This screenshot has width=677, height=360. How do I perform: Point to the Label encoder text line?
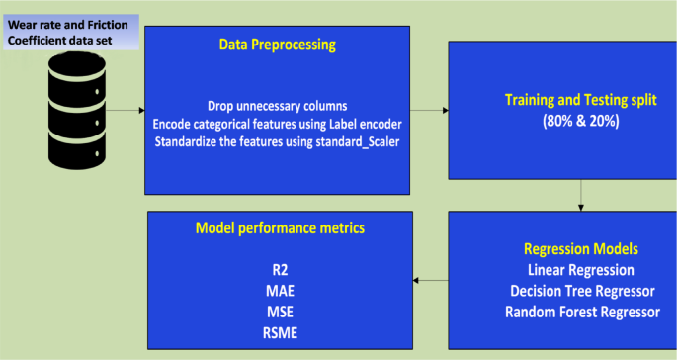(277, 124)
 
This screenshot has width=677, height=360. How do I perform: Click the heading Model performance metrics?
(281, 227)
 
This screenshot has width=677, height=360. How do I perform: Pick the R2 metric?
(281, 269)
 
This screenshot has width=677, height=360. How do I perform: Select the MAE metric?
(281, 291)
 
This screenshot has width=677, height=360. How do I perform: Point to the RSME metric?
(281, 333)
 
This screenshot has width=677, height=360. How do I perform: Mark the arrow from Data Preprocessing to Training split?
(427, 110)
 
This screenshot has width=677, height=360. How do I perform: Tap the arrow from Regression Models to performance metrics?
(429, 281)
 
